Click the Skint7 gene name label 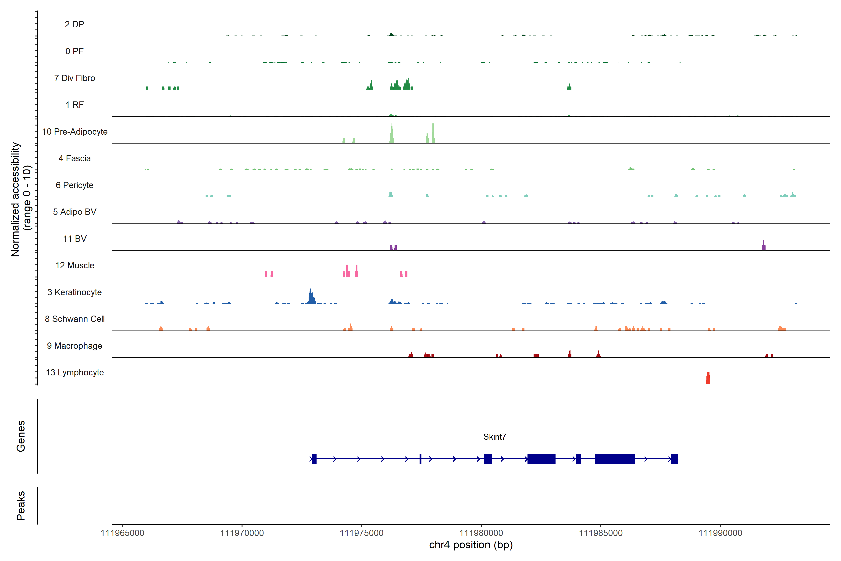coord(495,437)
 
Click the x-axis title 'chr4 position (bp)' coord(470,545)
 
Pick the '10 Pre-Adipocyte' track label coord(75,132)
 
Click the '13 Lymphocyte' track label coord(75,372)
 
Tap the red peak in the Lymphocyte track coord(708,378)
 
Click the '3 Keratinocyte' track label coord(75,292)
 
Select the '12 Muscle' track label coord(75,266)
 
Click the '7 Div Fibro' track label coord(75,78)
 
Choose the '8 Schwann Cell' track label coord(75,319)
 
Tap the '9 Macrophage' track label coord(75,346)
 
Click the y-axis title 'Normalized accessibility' coord(15,199)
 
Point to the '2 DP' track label coord(75,24)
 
